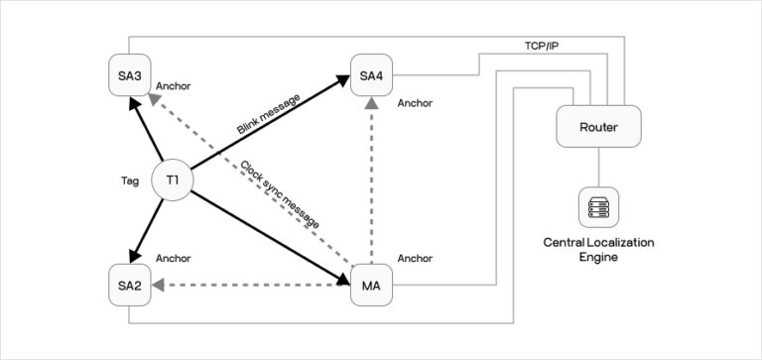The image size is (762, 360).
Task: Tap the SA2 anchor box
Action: coord(129,287)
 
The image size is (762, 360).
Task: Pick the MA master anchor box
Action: coord(371,287)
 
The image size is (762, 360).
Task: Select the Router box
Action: coord(597,126)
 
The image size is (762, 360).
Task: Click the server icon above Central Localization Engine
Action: coord(598,207)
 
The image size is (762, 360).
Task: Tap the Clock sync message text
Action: coord(281,194)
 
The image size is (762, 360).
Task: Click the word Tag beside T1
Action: coord(128,181)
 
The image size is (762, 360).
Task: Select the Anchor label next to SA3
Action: coord(173,86)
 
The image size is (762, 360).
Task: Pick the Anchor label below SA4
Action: coord(414,102)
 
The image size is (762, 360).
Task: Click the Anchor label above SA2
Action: coord(173,259)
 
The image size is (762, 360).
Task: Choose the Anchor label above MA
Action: coord(414,259)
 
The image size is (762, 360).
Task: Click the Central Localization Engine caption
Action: coord(598,249)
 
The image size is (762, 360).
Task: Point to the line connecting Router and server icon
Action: coord(598,167)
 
